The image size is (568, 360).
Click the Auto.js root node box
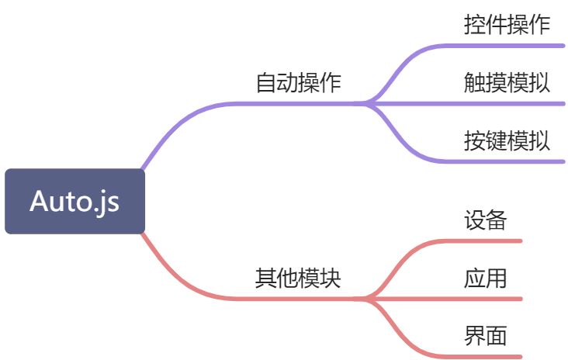(x=74, y=201)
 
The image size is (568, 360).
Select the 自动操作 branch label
(x=299, y=83)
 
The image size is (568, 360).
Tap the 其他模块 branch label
(x=299, y=278)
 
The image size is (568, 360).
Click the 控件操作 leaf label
(x=507, y=25)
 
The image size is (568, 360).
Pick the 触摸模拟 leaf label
(x=507, y=82)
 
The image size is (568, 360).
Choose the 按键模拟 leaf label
(x=507, y=141)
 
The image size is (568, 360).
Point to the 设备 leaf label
(x=486, y=220)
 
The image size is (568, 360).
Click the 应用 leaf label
(x=486, y=278)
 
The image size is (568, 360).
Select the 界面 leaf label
(x=486, y=336)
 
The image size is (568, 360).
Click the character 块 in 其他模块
(x=331, y=278)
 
